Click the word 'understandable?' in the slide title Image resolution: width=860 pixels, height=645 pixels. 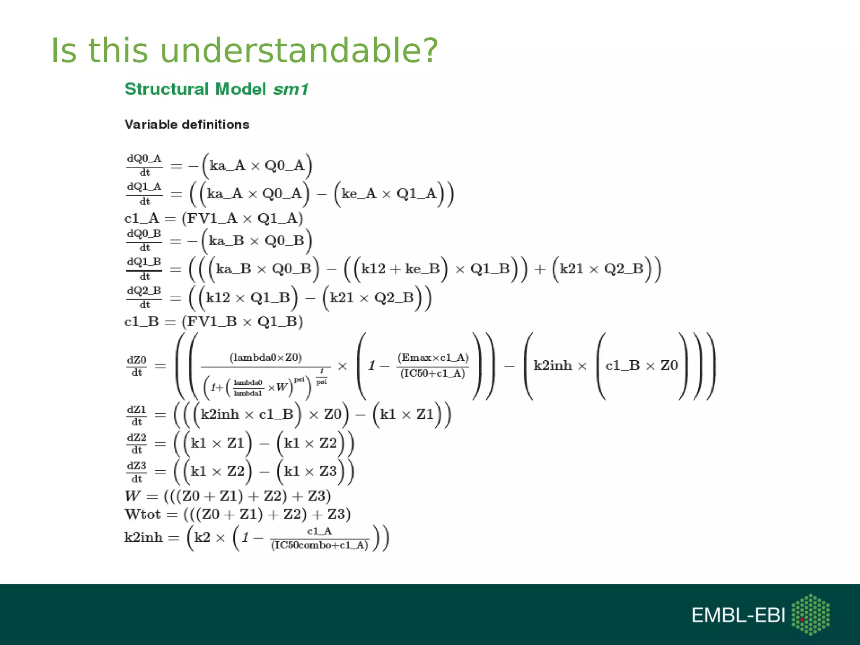click(299, 50)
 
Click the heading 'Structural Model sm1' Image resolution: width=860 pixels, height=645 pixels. click(217, 89)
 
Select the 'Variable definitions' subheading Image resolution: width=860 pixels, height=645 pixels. click(187, 124)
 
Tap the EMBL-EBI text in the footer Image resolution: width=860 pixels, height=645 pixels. click(738, 615)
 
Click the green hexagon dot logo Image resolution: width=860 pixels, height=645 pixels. click(810, 614)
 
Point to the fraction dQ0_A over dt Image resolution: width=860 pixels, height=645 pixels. click(144, 165)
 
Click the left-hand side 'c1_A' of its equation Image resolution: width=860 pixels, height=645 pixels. click(142, 218)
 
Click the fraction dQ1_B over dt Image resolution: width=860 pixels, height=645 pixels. click(144, 269)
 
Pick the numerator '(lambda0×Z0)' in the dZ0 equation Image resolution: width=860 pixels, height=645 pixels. click(266, 357)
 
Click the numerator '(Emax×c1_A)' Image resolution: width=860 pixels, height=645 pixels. click(433, 357)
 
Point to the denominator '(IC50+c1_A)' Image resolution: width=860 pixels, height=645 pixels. click(433, 373)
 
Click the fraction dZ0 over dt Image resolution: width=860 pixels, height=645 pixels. click(137, 366)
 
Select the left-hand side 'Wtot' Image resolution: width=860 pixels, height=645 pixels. click(143, 514)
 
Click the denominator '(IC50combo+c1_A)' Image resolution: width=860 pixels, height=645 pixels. click(320, 545)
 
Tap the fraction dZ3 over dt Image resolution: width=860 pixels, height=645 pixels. click(137, 472)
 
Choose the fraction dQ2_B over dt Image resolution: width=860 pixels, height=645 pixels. click(144, 297)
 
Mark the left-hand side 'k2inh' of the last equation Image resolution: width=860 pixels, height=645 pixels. click(143, 537)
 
